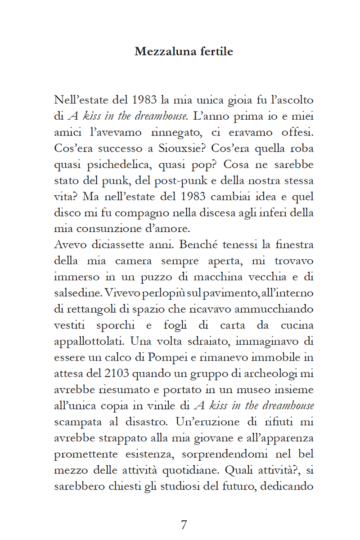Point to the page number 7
coord(183,525)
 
